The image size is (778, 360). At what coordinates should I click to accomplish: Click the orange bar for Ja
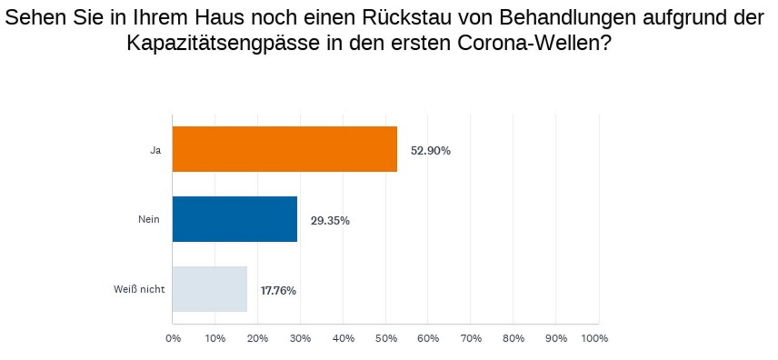point(285,149)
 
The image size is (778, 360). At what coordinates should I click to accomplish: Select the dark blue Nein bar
point(234,219)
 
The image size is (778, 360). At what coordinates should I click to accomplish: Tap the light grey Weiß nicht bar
point(210,289)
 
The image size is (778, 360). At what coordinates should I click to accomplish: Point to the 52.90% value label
point(430,151)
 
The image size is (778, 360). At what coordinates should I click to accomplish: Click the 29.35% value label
point(330,221)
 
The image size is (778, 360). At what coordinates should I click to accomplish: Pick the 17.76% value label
point(278,291)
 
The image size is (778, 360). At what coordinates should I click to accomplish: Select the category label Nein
point(148,219)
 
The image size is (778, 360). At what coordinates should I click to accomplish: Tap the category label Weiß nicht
point(139,289)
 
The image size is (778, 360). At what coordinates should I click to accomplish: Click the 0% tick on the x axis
point(173,339)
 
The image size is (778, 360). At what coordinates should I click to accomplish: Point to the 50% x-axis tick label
point(385,339)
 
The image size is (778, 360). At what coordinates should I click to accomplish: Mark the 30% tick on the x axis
point(300,339)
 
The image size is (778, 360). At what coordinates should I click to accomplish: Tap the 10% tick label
point(215,339)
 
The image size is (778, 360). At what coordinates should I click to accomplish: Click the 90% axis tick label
point(555,339)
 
